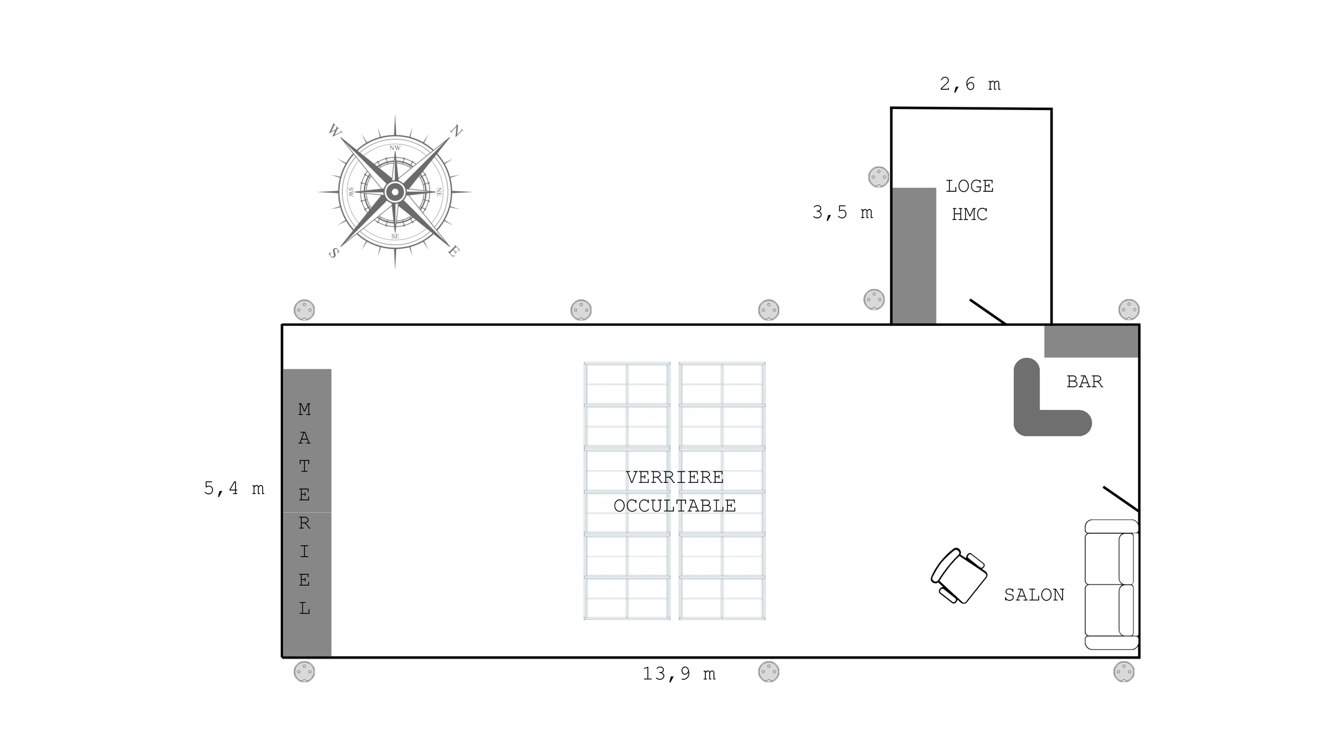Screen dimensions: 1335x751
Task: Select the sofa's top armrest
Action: (1112, 526)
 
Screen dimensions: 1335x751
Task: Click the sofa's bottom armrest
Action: (1112, 642)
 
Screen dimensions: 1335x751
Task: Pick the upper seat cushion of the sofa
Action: (1102, 559)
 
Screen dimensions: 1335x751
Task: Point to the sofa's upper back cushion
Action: (1126, 559)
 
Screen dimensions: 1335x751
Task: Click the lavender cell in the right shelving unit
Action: (742, 607)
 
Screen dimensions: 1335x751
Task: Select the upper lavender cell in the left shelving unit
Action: (607, 546)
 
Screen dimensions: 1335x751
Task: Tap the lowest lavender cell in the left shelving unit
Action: (647, 607)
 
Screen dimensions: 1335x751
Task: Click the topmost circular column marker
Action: (878, 177)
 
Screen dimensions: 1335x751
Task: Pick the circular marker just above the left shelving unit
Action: (581, 310)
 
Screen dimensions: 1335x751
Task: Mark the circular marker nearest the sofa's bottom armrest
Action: (1124, 671)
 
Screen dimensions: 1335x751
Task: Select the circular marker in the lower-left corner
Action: (304, 671)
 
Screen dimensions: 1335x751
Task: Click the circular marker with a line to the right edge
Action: (1129, 310)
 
